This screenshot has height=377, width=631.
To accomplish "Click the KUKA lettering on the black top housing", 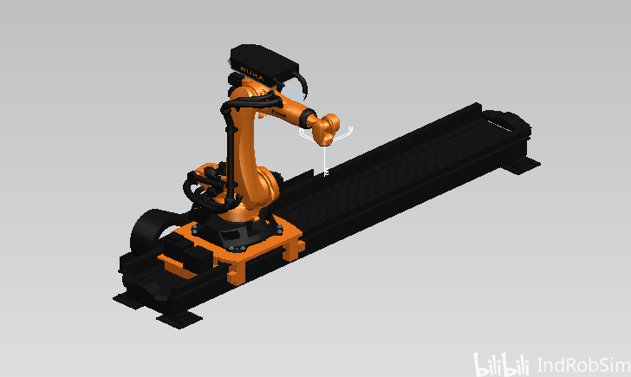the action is point(252,72).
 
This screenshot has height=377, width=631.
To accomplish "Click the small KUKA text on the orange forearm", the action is point(278,113).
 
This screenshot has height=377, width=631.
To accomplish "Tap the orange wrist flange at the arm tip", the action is point(326,129).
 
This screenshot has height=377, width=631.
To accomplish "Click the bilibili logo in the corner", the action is point(501,364).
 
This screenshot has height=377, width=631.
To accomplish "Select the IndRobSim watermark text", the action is point(583,366).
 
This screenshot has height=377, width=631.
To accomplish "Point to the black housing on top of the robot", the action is point(263,63).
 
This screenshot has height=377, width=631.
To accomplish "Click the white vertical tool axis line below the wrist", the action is point(325,159).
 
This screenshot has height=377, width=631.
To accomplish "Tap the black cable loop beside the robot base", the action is point(201,192).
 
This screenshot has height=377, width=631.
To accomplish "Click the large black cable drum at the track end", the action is point(149,231).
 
